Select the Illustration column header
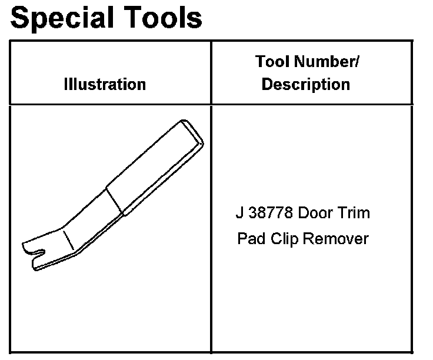coord(105,84)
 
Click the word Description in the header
coord(306,84)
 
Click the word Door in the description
coord(318,213)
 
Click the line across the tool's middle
coord(115,201)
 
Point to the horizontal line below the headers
coord(212,105)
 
